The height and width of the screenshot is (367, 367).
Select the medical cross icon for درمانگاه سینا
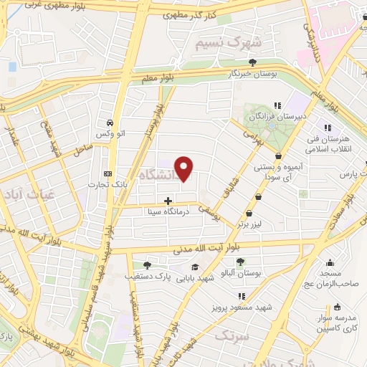[x=168, y=201]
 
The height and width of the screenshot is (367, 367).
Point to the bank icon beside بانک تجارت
[x=108, y=174]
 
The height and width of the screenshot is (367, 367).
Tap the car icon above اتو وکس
[x=108, y=122]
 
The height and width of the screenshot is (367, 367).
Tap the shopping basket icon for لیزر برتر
[x=249, y=213]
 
